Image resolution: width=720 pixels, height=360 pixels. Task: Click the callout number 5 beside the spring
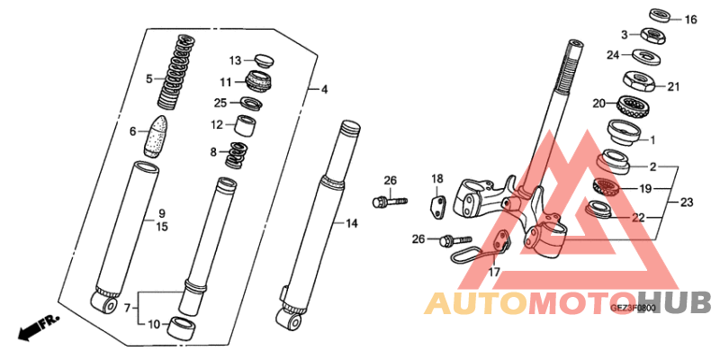(x=149, y=79)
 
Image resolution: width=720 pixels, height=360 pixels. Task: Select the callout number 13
(x=235, y=61)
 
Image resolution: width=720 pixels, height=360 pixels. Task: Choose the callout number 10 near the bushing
(x=153, y=324)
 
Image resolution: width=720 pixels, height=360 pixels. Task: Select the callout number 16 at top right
(x=690, y=20)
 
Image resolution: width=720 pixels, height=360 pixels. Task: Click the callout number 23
(x=686, y=202)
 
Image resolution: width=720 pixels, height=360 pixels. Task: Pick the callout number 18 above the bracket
(x=436, y=178)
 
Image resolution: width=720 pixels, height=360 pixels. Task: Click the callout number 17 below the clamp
(x=494, y=272)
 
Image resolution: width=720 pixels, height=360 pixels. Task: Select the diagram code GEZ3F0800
(x=634, y=307)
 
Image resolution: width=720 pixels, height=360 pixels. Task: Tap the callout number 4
(x=325, y=89)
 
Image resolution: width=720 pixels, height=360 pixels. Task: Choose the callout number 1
(x=653, y=139)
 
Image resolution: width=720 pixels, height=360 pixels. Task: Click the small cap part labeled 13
(x=262, y=61)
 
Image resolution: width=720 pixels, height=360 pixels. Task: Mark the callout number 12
(x=218, y=125)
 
